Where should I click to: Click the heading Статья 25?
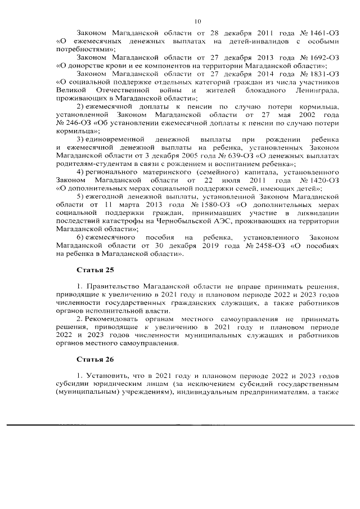pyautogui.click(x=91, y=269)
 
